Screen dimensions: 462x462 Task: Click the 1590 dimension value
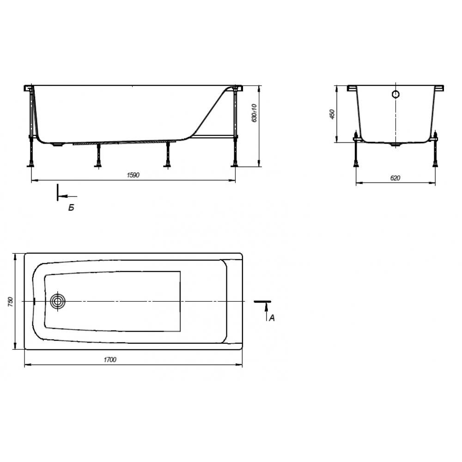pos(133,175)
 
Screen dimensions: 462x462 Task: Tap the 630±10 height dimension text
pos(255,113)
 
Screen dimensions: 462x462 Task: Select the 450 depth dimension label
pos(332,114)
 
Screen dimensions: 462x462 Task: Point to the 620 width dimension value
pos(395,178)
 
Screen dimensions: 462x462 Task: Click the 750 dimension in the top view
pos(10,301)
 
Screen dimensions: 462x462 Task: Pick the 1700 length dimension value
pos(110,359)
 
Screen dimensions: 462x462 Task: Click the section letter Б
pos(71,208)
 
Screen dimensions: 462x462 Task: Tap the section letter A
pos(272,318)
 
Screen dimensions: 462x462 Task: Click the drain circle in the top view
pos(58,301)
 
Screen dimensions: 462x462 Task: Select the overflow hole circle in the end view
pos(395,94)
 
